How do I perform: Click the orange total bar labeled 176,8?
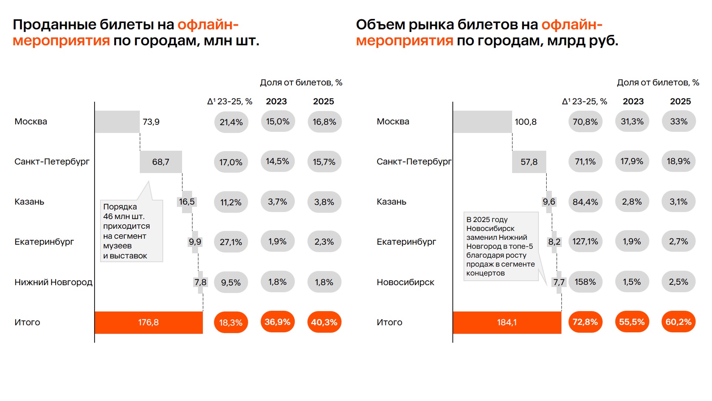148,322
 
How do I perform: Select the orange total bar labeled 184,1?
507,322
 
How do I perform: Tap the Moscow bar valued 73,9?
117,122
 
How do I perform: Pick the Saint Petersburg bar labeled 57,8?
529,162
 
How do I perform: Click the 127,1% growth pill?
585,242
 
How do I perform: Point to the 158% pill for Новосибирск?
585,282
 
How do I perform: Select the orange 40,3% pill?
324,322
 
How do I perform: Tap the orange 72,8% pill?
585,322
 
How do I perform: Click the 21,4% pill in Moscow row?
231,122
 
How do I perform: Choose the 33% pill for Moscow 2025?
679,121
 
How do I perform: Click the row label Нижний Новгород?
53,282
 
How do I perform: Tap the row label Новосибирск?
405,282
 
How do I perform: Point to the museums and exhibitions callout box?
131,231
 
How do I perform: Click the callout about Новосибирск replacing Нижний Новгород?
501,246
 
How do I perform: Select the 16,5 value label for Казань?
187,202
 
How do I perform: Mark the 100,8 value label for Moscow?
525,122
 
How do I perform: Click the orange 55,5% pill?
632,322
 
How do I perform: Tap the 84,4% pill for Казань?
585,202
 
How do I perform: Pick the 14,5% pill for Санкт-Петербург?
277,162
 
